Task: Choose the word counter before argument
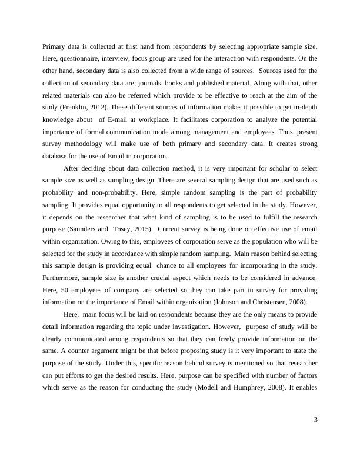(x=65, y=352)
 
